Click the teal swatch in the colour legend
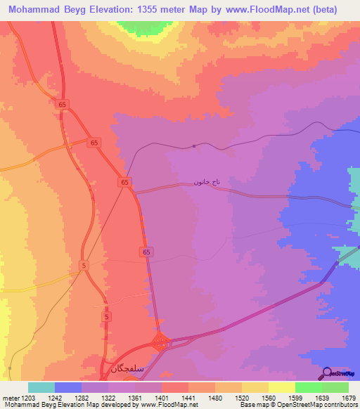[41, 387]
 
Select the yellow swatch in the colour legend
[282, 387]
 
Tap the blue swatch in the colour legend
[68, 387]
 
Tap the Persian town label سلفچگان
[127, 366]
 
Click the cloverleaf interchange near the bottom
[161, 344]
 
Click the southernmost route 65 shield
[147, 252]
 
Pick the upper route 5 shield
[84, 265]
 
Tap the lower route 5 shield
[106, 318]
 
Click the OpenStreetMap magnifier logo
[328, 372]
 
